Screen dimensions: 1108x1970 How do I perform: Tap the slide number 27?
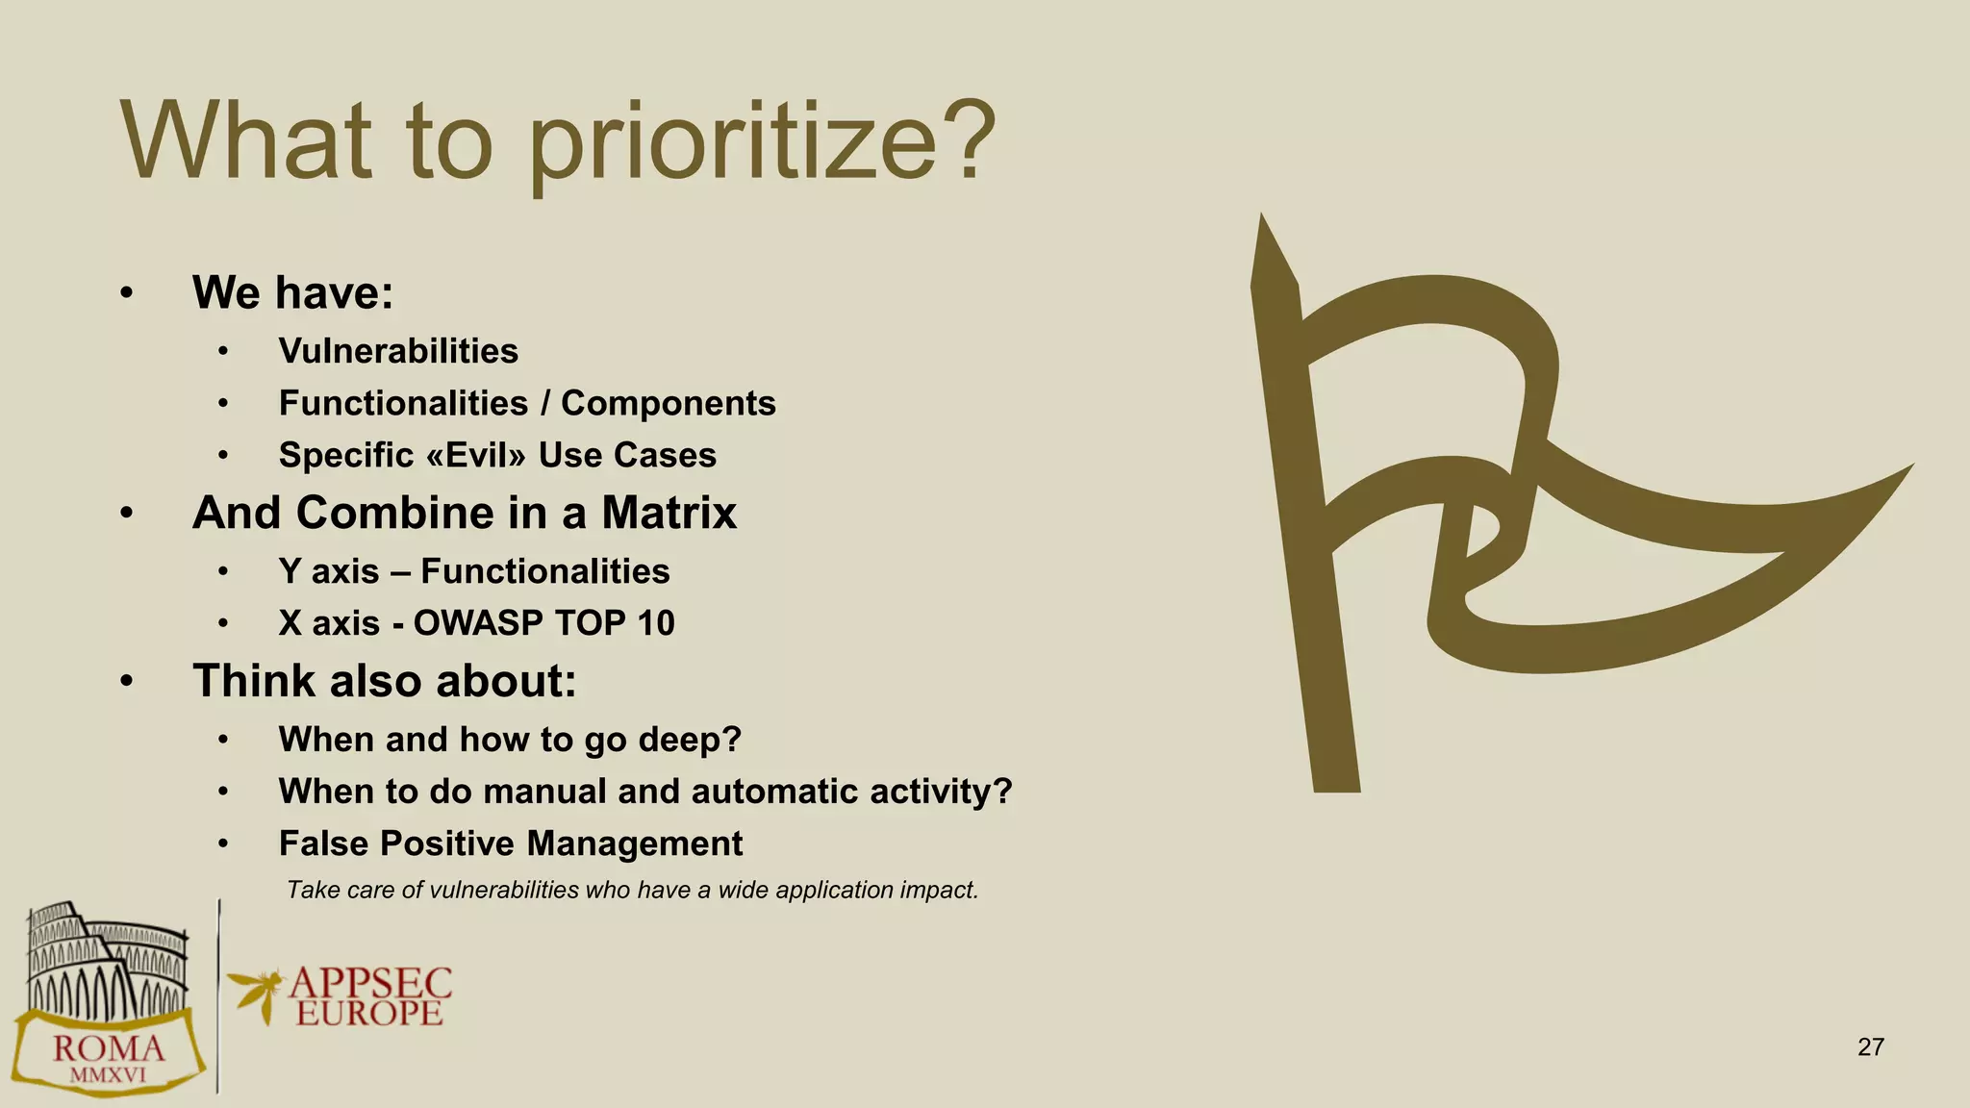click(x=1870, y=1047)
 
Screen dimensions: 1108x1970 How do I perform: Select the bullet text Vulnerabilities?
click(x=398, y=351)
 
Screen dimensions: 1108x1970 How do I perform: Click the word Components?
click(x=668, y=403)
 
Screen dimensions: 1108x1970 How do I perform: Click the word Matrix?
click(x=669, y=513)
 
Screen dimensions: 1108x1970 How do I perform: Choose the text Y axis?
click(x=329, y=571)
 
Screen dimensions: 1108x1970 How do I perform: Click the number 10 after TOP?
click(x=655, y=623)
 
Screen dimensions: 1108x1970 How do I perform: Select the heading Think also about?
click(x=385, y=681)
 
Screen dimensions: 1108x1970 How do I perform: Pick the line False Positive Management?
click(x=510, y=844)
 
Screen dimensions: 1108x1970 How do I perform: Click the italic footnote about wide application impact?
click(x=632, y=890)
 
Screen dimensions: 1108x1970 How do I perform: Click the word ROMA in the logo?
click(x=108, y=1048)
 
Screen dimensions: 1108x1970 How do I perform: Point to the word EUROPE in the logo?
click(x=369, y=1013)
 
